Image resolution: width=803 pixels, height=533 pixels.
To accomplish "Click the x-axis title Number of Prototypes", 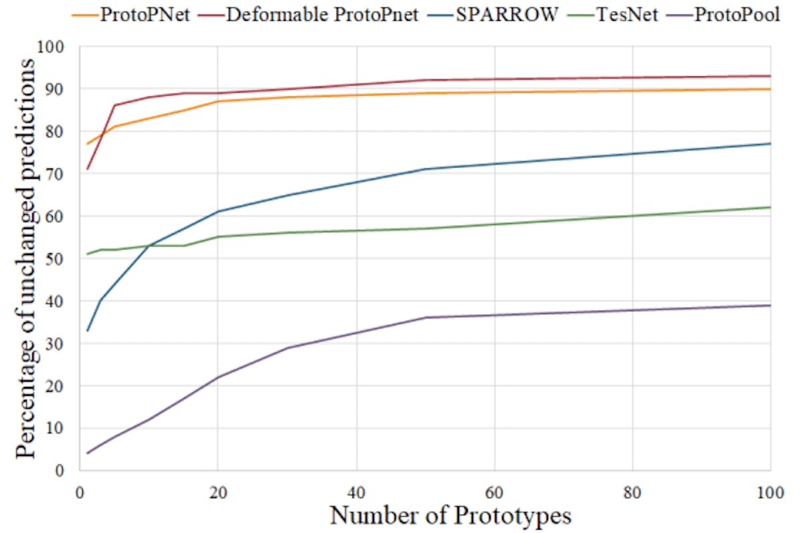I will coord(450,516).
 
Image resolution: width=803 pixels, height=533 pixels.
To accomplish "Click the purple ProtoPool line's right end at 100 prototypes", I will coord(770,305).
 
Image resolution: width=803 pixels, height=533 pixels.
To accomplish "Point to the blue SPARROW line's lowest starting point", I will coord(87,331).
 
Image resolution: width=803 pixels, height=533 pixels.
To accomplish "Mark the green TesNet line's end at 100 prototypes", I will coord(770,208).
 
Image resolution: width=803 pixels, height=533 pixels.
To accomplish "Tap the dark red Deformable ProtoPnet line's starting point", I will coord(87,169).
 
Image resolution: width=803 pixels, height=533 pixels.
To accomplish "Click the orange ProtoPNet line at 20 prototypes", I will coord(217,101).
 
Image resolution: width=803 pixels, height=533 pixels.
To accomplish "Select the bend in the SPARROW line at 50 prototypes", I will coord(425,169).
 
